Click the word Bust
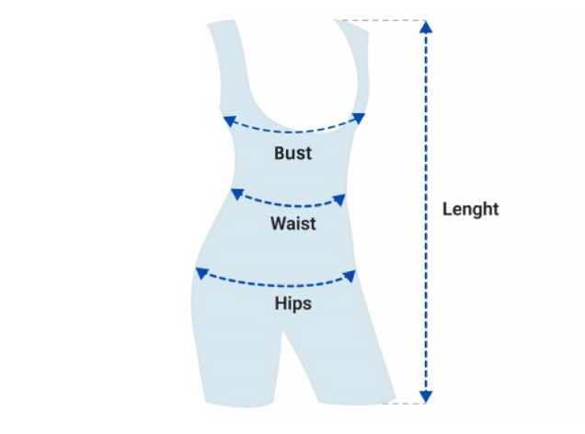pos(292,154)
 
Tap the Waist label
pos(293,223)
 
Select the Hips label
pos(292,303)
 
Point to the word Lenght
pos(470,210)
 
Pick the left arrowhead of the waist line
pos(236,194)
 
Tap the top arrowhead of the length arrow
pos(425,27)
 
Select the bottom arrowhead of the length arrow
pos(425,396)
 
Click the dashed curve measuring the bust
pos(294,131)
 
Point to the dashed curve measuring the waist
pos(290,204)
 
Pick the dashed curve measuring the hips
pos(276,282)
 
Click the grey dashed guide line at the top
pos(377,20)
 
